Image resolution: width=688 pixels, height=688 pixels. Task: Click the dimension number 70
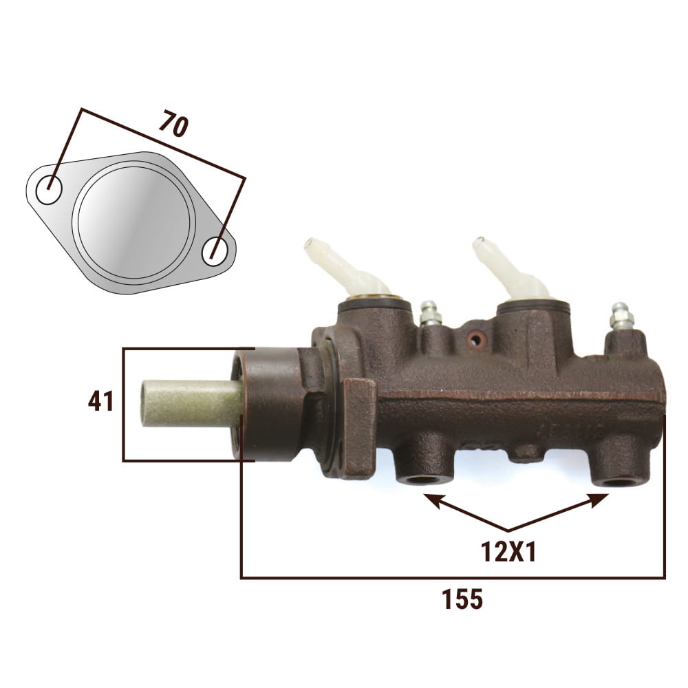tap(174, 124)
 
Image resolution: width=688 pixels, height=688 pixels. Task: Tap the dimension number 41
tap(100, 401)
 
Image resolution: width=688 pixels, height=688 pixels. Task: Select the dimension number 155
tap(462, 599)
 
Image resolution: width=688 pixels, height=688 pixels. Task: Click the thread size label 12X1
tap(508, 552)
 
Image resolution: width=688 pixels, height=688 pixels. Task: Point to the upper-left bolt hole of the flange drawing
tap(49, 189)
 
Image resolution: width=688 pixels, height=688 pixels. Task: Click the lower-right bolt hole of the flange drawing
tap(215, 251)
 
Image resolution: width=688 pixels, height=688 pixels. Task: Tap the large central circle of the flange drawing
tap(133, 222)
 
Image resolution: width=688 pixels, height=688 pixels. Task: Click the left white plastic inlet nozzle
tap(344, 268)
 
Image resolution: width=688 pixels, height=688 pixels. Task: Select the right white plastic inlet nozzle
tap(510, 268)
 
